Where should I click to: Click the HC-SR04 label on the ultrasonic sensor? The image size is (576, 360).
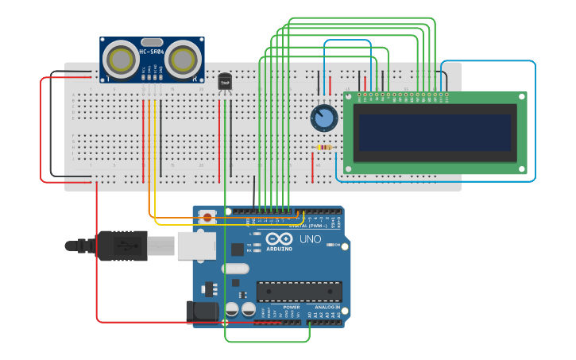[x=152, y=52]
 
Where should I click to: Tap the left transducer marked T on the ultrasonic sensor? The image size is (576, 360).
[x=121, y=60]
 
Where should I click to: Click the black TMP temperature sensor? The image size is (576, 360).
[x=225, y=81]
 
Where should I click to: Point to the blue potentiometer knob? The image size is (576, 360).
[x=323, y=118]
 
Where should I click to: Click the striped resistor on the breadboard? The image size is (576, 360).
[x=324, y=147]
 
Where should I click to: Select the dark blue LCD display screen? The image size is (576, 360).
[x=434, y=132]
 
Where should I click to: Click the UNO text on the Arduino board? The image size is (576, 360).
[x=310, y=239]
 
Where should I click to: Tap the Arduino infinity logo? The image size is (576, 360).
[x=279, y=238]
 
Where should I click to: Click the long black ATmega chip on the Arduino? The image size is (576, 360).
[x=299, y=291]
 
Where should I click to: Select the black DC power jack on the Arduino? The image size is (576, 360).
[x=202, y=311]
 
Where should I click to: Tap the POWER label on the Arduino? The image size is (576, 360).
[x=292, y=307]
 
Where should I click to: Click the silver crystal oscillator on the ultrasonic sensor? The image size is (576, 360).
[x=152, y=41]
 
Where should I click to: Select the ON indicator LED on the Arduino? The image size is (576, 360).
[x=327, y=245]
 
